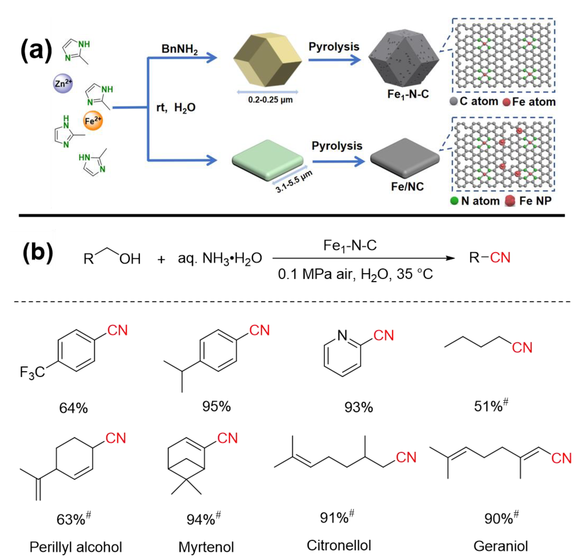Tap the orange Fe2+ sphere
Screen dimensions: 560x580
pos(93,121)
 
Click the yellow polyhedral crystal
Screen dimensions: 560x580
pos(267,60)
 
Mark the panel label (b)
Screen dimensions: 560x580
pos(38,253)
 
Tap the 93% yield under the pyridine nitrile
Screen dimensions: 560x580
pos(358,407)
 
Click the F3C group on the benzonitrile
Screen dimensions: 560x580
pos(32,372)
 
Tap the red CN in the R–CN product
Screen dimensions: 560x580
pos(500,258)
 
